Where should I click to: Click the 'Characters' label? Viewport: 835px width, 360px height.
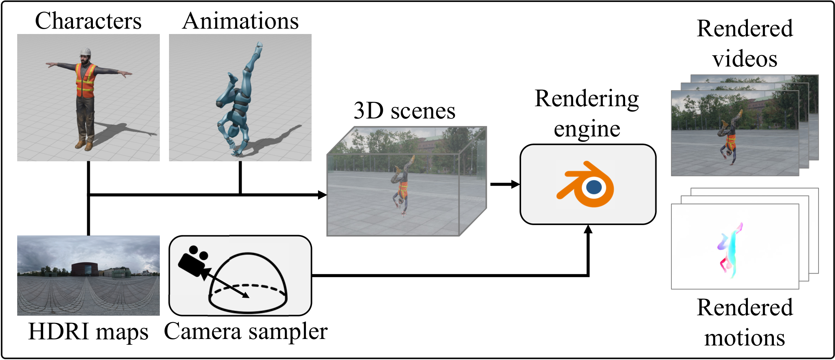click(x=88, y=21)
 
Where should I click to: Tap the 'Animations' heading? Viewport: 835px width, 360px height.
click(x=240, y=21)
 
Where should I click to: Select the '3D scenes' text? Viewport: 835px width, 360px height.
click(x=405, y=111)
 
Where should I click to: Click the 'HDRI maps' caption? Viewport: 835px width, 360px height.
click(x=88, y=332)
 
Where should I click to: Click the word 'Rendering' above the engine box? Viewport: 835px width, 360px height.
click(x=586, y=99)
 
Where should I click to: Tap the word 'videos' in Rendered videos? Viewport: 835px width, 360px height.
click(x=744, y=59)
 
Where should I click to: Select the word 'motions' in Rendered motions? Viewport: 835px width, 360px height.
click(x=744, y=338)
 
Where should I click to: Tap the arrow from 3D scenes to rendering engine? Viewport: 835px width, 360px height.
click(x=504, y=185)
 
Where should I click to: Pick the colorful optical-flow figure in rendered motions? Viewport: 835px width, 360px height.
click(x=729, y=250)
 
